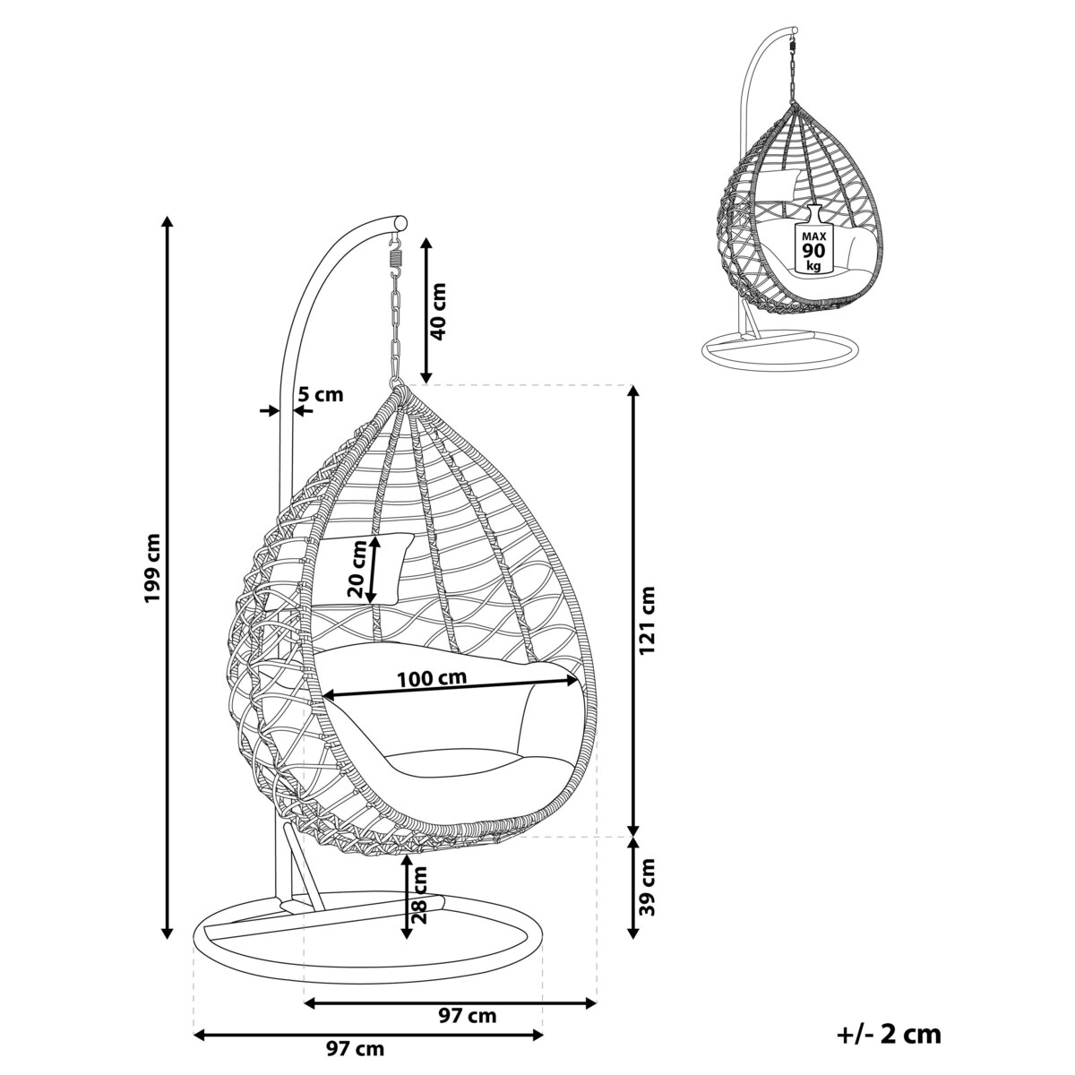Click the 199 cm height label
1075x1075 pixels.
coord(151,567)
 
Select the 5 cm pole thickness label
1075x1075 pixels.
coord(320,394)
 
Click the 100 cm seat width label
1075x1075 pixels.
coord(432,678)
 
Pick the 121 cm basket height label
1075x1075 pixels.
coord(646,620)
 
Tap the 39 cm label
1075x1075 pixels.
coord(646,902)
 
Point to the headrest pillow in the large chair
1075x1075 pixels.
coord(365,569)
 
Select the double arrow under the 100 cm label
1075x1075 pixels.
coord(451,687)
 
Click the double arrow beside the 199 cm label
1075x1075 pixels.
coord(167,579)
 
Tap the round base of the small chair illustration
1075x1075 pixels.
coord(780,348)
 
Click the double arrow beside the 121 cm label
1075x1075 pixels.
coord(633,619)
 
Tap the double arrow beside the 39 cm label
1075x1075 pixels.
coord(633,898)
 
